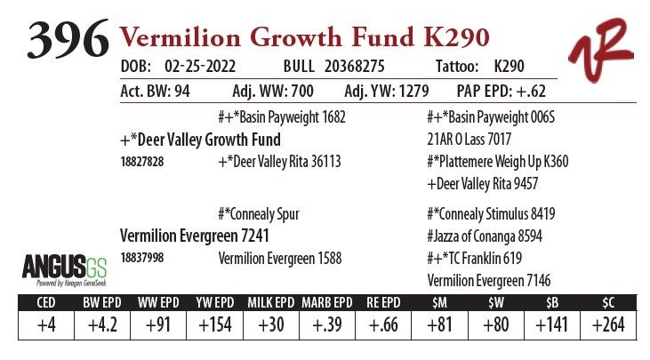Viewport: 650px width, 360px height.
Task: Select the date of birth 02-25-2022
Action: [204, 68]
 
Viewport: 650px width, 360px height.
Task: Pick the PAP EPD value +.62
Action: [533, 92]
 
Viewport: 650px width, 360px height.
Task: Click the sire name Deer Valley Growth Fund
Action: [200, 140]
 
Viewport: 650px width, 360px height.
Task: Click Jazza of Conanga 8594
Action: [485, 236]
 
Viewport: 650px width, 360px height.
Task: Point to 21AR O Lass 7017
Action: [469, 140]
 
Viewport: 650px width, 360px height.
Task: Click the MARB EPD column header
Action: [326, 302]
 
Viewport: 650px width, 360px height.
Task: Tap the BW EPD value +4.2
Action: [103, 325]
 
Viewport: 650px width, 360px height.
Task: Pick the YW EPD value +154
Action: [214, 325]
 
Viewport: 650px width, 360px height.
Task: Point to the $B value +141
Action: [552, 325]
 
